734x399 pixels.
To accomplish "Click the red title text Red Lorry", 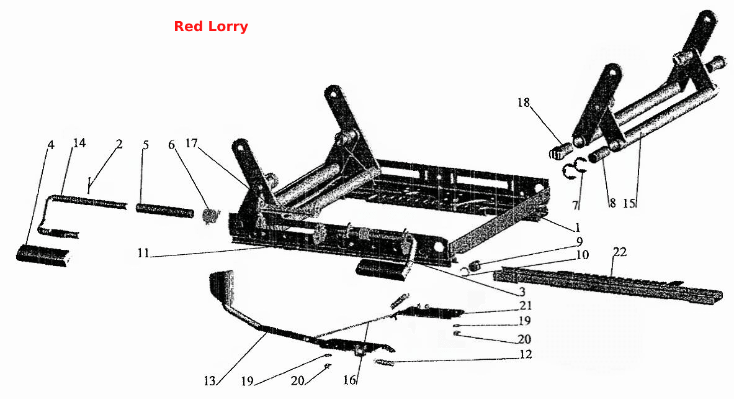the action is click(211, 26).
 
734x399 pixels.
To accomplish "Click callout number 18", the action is click(524, 102).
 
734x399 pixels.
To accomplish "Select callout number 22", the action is click(620, 252).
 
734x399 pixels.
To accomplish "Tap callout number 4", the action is click(51, 145).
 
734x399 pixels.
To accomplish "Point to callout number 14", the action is click(79, 142).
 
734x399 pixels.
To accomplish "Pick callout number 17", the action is click(192, 142).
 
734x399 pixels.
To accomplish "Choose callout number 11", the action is click(143, 253).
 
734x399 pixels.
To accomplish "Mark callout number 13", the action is click(210, 381).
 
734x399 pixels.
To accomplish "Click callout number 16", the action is click(350, 380).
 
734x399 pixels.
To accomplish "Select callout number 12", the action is click(526, 354).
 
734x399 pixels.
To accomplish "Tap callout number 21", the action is click(526, 305).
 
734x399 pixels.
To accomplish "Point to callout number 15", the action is click(629, 203).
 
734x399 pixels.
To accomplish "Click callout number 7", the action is click(575, 205).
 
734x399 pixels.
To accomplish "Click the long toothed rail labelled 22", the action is click(609, 285).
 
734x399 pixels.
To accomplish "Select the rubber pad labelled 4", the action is click(44, 255).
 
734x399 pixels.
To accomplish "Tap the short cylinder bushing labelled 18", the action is click(560, 152).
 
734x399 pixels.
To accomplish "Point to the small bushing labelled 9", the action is click(474, 265).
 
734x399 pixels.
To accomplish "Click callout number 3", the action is click(522, 292).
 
